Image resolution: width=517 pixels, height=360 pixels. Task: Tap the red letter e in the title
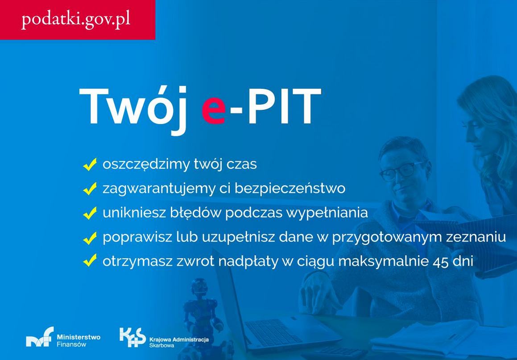point(213,108)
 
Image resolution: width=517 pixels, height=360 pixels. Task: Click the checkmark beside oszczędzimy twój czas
point(90,165)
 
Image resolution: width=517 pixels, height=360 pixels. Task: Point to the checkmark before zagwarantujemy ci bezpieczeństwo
point(90,189)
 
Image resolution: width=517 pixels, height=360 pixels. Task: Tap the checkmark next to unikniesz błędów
point(90,214)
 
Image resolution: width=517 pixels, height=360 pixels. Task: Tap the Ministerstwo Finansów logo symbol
point(39,338)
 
